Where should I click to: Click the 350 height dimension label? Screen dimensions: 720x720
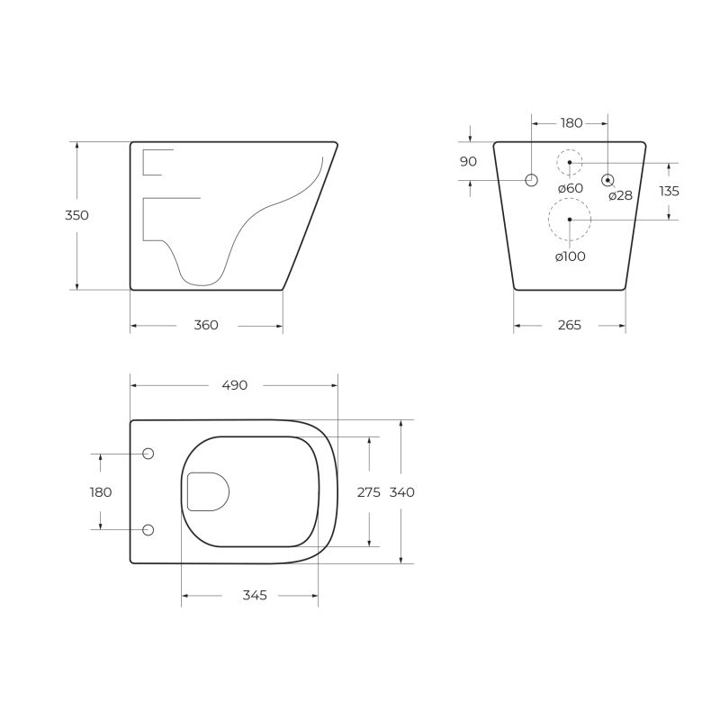77,215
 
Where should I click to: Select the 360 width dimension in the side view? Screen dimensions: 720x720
206,325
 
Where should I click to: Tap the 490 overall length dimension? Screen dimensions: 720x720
234,384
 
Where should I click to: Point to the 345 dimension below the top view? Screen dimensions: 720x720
255,596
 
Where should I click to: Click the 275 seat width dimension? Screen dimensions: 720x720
369,491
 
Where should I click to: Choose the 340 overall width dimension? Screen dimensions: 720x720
402,491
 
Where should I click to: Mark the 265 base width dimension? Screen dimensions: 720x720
570,325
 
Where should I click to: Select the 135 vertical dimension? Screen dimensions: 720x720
670,191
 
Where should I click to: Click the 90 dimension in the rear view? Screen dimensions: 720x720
468,161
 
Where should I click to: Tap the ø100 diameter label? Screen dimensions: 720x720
571,256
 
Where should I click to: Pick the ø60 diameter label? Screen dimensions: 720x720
571,188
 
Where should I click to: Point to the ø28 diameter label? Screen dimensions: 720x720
620,195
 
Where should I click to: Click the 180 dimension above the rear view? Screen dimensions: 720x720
571,122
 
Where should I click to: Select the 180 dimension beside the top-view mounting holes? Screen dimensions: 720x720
101,491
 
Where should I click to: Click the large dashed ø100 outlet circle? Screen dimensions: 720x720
569,219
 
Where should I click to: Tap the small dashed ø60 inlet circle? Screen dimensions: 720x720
569,162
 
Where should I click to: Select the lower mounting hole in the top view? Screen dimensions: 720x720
148,529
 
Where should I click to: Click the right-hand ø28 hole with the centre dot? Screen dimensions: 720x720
608,180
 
